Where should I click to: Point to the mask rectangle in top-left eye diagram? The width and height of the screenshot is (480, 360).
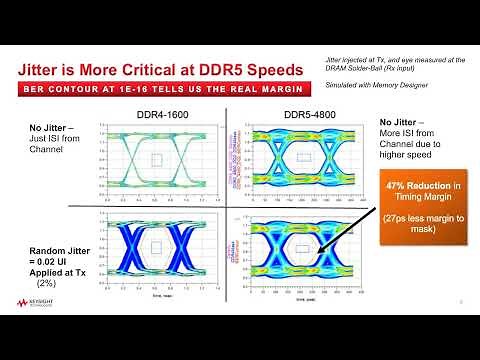click(x=155, y=159)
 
